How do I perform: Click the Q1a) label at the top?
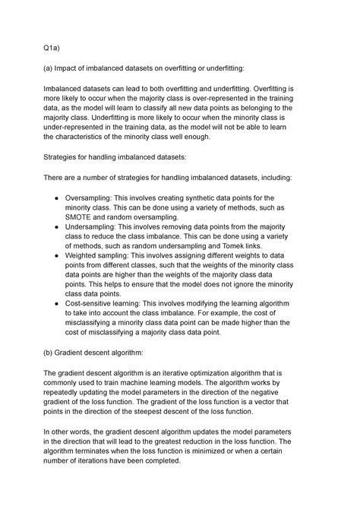click(x=52, y=47)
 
